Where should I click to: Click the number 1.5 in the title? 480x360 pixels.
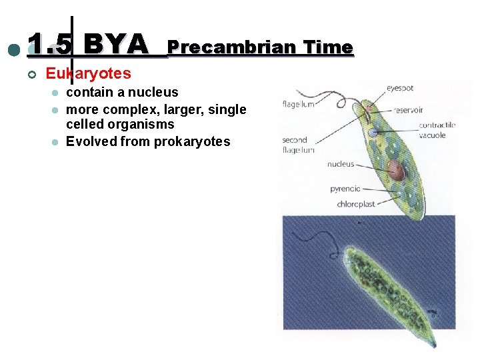point(50,45)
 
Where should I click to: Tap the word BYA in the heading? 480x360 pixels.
point(117,45)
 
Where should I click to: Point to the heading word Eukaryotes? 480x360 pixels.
point(88,73)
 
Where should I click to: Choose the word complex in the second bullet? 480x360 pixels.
point(132,109)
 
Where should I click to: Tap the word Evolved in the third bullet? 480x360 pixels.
point(91,141)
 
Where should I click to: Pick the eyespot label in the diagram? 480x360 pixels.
point(400,88)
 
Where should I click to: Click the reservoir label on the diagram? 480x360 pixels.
point(409,110)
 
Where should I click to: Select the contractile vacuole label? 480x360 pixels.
point(437,130)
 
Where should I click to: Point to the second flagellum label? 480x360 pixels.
point(294,145)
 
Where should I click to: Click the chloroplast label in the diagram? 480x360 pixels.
point(355,205)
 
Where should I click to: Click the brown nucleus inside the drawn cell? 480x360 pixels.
point(396,171)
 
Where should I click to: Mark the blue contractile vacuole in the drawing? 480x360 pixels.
point(373,132)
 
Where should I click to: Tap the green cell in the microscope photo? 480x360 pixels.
point(387,287)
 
